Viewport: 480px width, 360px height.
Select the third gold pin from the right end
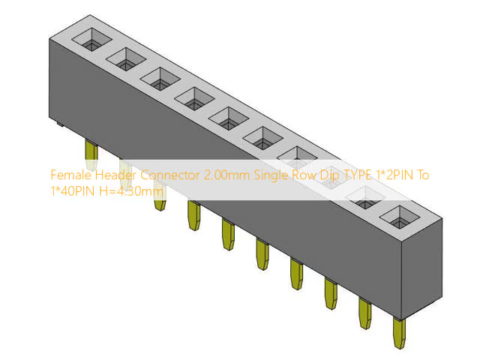(330, 293)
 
